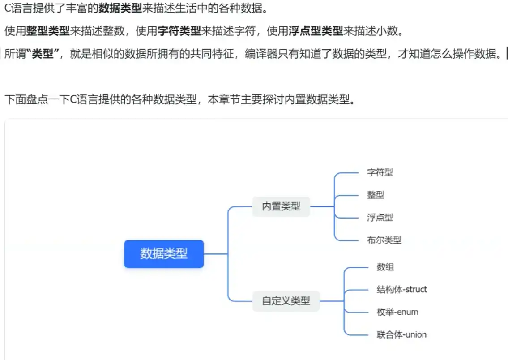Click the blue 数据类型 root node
coord(164,254)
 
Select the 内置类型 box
coord(281,206)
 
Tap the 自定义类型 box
coord(286,301)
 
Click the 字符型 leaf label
coord(380,172)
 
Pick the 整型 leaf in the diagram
coord(376,195)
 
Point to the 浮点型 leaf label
coord(380,218)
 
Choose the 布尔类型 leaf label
coord(384,240)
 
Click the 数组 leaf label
coord(385,267)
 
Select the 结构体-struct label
coord(401,289)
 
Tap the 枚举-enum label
coord(397,312)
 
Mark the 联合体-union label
coord(401,334)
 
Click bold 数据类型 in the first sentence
coord(120,8)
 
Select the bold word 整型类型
coord(48,31)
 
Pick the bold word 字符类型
coord(179,31)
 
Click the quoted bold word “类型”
coord(43,54)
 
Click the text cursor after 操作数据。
coord(507,54)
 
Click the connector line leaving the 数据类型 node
coord(216,254)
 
